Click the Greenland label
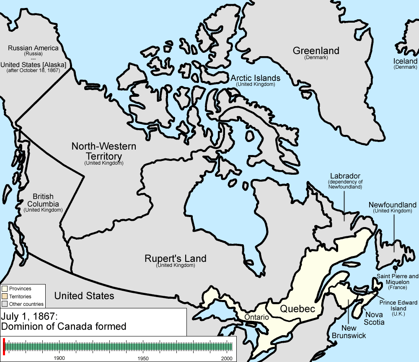[316, 51]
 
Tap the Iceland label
[405, 61]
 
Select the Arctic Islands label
[255, 78]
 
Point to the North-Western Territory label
[103, 151]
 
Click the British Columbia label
[43, 200]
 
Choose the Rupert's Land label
[175, 259]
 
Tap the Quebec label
[297, 309]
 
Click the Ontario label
[256, 317]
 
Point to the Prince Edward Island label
[398, 305]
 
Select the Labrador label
[345, 176]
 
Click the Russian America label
[33, 48]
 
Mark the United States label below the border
[84, 296]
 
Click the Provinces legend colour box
[5, 288]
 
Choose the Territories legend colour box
[5, 296]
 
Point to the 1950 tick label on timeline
[143, 358]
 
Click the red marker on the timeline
[4, 346]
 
